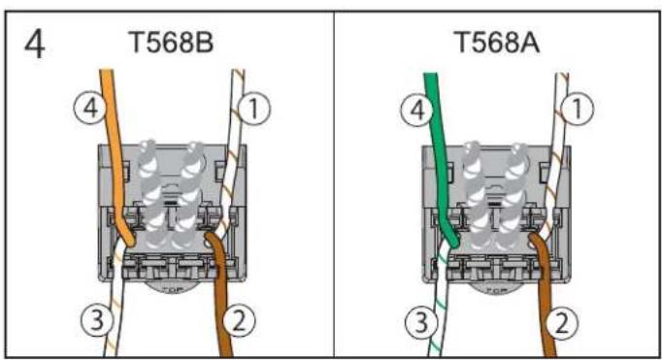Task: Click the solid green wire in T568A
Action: [434, 146]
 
